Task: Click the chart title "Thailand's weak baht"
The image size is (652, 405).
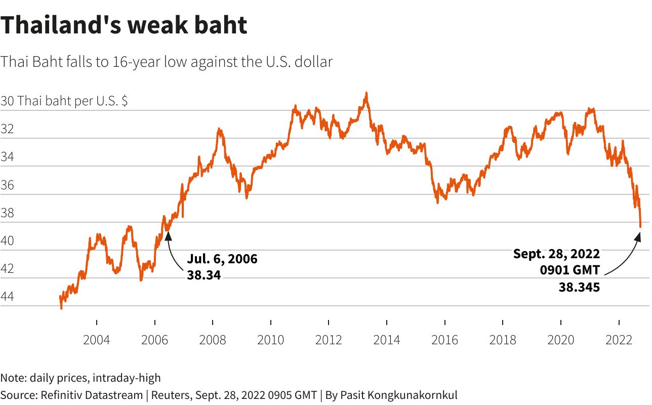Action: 124,25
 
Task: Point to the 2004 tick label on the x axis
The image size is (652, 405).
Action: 96,339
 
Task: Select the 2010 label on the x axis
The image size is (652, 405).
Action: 270,339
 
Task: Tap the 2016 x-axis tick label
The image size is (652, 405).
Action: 444,339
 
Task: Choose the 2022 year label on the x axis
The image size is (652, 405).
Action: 619,339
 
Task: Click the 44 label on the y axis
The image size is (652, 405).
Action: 7,297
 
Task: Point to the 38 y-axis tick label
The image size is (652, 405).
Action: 7,213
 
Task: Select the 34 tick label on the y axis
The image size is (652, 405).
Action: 7,157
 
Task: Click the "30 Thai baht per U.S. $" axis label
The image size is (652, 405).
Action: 64,101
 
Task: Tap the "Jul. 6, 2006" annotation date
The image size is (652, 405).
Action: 222,259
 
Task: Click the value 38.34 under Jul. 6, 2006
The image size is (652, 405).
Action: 204,275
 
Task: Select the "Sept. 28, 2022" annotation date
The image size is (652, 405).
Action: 556,254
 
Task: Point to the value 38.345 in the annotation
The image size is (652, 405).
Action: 579,287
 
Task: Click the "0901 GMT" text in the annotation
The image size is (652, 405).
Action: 569,270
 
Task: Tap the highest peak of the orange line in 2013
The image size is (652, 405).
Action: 366,94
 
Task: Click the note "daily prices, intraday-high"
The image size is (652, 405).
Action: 95,378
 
